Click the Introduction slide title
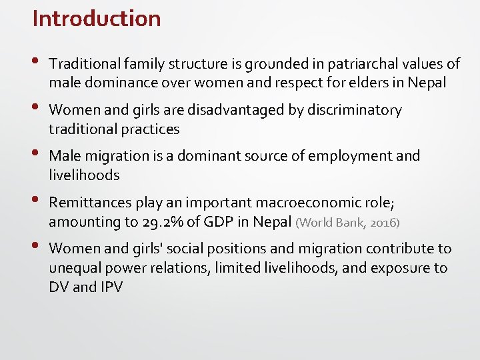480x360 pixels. tap(97, 19)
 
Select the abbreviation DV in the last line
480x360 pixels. tap(59, 287)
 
